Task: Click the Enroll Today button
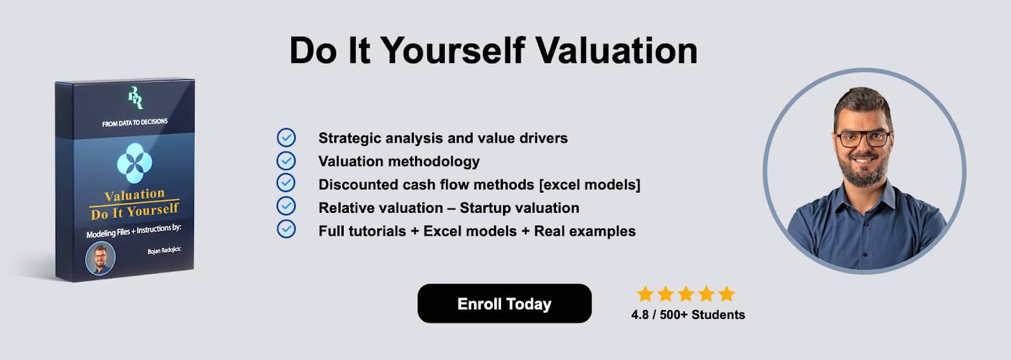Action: tap(504, 303)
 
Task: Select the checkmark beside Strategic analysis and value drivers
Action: tap(286, 138)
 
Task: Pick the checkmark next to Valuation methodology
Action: tap(286, 160)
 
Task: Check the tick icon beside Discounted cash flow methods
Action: tap(286, 183)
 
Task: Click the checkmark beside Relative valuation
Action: tap(286, 206)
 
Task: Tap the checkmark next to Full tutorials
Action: tap(286, 229)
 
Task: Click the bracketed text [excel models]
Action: tap(590, 184)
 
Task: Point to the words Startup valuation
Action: tap(519, 208)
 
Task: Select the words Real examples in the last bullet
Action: tap(585, 231)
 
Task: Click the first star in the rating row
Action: tap(645, 294)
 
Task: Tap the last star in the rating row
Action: tap(727, 294)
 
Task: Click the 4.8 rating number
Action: tap(640, 315)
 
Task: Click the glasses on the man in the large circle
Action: tap(864, 138)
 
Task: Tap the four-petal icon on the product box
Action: tap(135, 163)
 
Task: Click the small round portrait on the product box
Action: tap(100, 258)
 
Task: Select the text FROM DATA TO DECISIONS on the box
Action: tap(135, 123)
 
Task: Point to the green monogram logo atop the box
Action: tap(135, 98)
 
